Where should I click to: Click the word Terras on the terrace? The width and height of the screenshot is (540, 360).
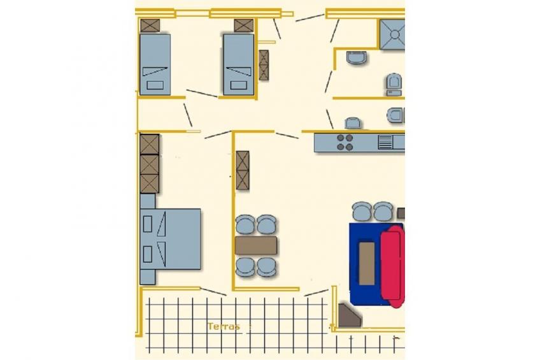(224, 326)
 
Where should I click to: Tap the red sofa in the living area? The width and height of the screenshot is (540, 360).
(393, 265)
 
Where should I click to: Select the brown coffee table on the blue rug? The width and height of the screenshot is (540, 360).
(367, 263)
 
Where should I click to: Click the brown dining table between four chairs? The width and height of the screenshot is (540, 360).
(256, 245)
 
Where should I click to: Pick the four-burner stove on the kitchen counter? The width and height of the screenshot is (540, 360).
(345, 143)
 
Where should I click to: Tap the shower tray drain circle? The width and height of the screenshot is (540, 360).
(395, 34)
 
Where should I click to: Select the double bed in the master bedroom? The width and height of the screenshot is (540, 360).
(171, 239)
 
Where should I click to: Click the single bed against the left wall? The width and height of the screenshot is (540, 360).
(155, 64)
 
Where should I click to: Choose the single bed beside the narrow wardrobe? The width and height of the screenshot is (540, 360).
(239, 64)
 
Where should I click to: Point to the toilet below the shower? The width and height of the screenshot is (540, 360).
(394, 84)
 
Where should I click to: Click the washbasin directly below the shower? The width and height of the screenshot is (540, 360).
(356, 58)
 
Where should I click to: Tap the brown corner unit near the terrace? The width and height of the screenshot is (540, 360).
(349, 315)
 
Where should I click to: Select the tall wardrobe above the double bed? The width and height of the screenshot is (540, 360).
(150, 164)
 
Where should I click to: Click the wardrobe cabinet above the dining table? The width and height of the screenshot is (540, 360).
(243, 170)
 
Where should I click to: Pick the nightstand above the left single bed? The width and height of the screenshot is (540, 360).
(150, 25)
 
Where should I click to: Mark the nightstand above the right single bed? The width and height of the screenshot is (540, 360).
(244, 25)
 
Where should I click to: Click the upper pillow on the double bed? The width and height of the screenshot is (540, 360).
(147, 224)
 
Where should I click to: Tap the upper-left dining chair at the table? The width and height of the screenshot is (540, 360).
(245, 224)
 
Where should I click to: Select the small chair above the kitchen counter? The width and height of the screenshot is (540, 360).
(353, 123)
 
